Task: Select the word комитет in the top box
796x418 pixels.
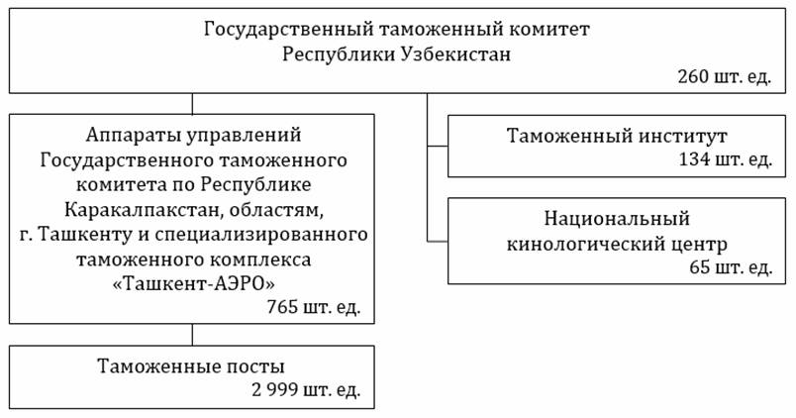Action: [x=550, y=30]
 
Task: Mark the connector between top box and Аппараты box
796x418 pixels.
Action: [x=192, y=103]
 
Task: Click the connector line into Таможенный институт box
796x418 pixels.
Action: [x=438, y=146]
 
